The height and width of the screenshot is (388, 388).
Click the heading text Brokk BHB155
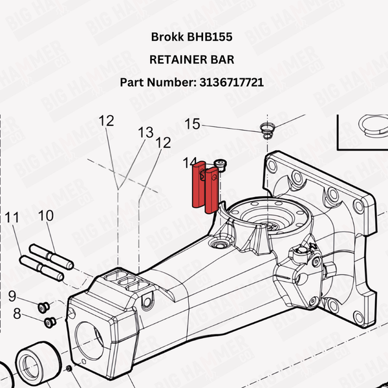tap(191, 37)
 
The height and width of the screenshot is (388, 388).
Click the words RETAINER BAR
tap(191, 59)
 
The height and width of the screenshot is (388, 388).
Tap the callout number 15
tap(192, 124)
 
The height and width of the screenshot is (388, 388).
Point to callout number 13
tap(145, 133)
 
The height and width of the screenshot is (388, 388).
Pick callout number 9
tap(12, 297)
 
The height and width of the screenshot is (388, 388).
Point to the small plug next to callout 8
tap(49, 321)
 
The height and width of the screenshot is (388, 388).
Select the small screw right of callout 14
tap(221, 166)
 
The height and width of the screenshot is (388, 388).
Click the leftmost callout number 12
tap(106, 120)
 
